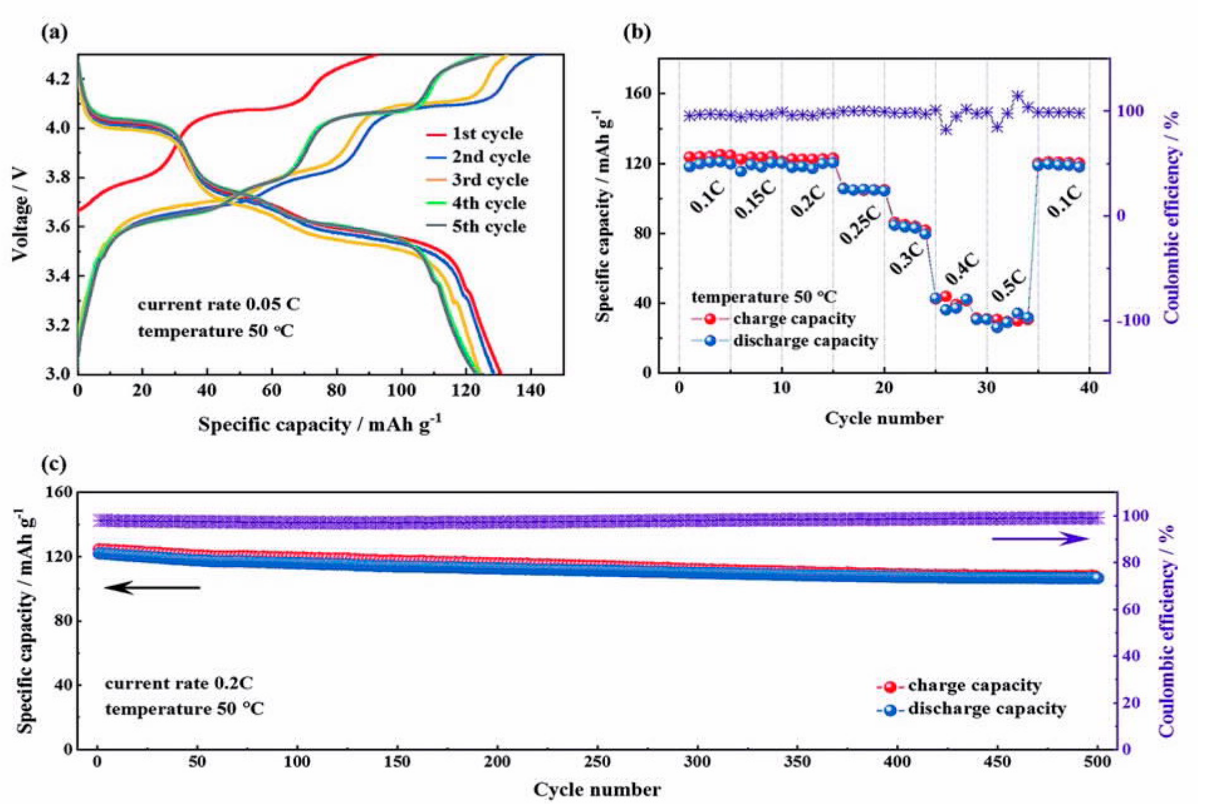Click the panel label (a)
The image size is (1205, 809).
click(54, 33)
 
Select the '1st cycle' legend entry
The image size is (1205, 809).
click(475, 134)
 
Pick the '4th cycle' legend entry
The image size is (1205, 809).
click(475, 203)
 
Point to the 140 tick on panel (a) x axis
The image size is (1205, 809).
click(531, 390)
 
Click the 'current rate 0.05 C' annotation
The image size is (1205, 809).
click(218, 304)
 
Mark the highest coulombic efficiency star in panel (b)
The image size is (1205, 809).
click(1018, 96)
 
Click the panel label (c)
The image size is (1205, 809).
click(54, 464)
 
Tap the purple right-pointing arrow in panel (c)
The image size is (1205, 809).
click(1040, 538)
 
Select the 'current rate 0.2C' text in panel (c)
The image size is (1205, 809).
click(179, 683)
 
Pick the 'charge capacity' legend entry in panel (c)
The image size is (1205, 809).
click(959, 686)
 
